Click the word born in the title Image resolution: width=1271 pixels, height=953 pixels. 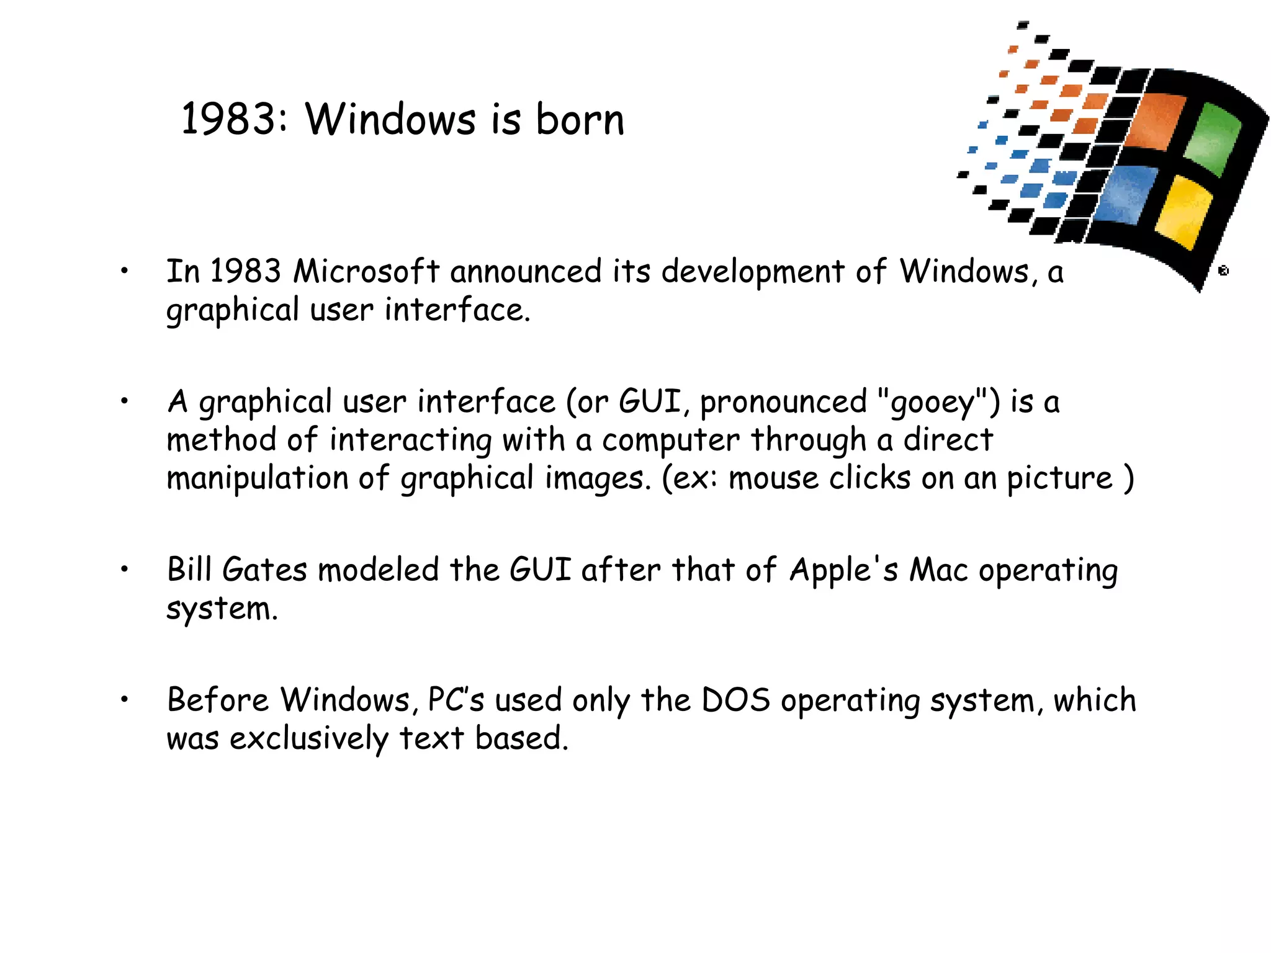(580, 119)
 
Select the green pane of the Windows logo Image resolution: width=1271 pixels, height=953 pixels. (1213, 140)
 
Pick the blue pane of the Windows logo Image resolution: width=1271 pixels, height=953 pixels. (1126, 194)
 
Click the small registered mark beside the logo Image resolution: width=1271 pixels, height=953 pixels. (1223, 271)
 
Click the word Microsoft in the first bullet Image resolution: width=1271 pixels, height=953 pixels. (366, 272)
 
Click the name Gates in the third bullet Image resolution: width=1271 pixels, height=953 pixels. (264, 570)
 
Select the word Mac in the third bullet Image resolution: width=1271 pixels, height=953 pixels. (938, 570)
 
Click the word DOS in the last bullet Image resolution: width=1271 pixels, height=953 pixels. (735, 700)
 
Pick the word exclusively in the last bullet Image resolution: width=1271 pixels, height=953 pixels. (308, 739)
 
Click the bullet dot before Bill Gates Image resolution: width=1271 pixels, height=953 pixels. (125, 568)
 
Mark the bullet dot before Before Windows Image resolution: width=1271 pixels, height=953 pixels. (125, 699)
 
